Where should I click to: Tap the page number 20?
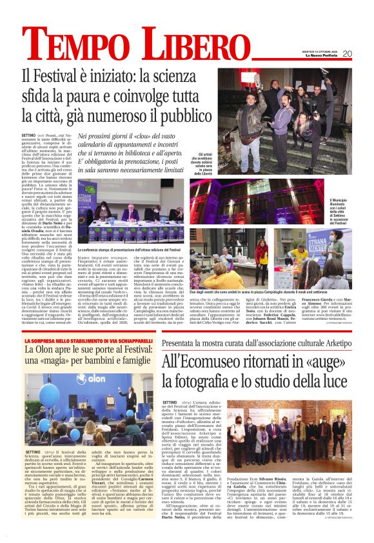[346, 54]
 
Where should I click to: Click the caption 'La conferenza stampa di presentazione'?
[130, 249]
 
